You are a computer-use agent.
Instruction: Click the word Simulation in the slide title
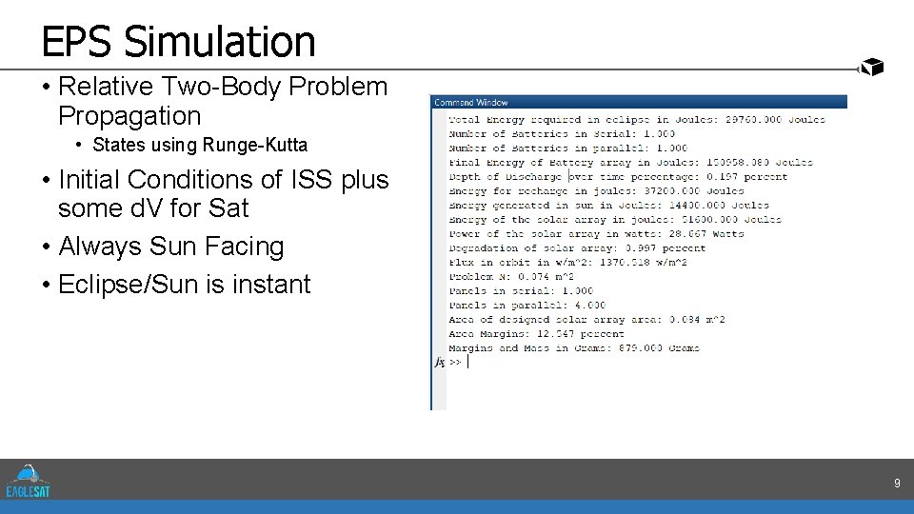(x=219, y=42)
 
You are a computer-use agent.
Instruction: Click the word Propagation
(x=129, y=116)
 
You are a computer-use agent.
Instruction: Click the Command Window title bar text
(x=471, y=102)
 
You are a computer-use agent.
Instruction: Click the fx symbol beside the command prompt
(x=440, y=363)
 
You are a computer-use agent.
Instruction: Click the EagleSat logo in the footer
(x=29, y=480)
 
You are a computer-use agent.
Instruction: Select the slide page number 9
(x=896, y=484)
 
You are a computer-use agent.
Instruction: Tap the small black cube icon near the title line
(x=872, y=67)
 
